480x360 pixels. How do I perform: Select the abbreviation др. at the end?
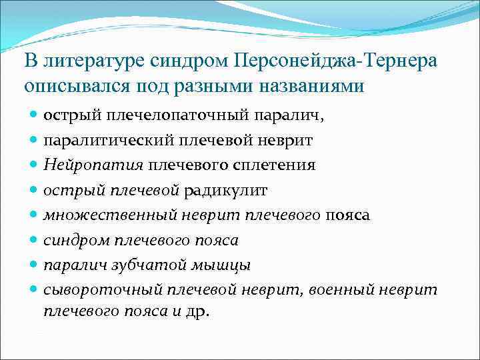(x=199, y=311)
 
